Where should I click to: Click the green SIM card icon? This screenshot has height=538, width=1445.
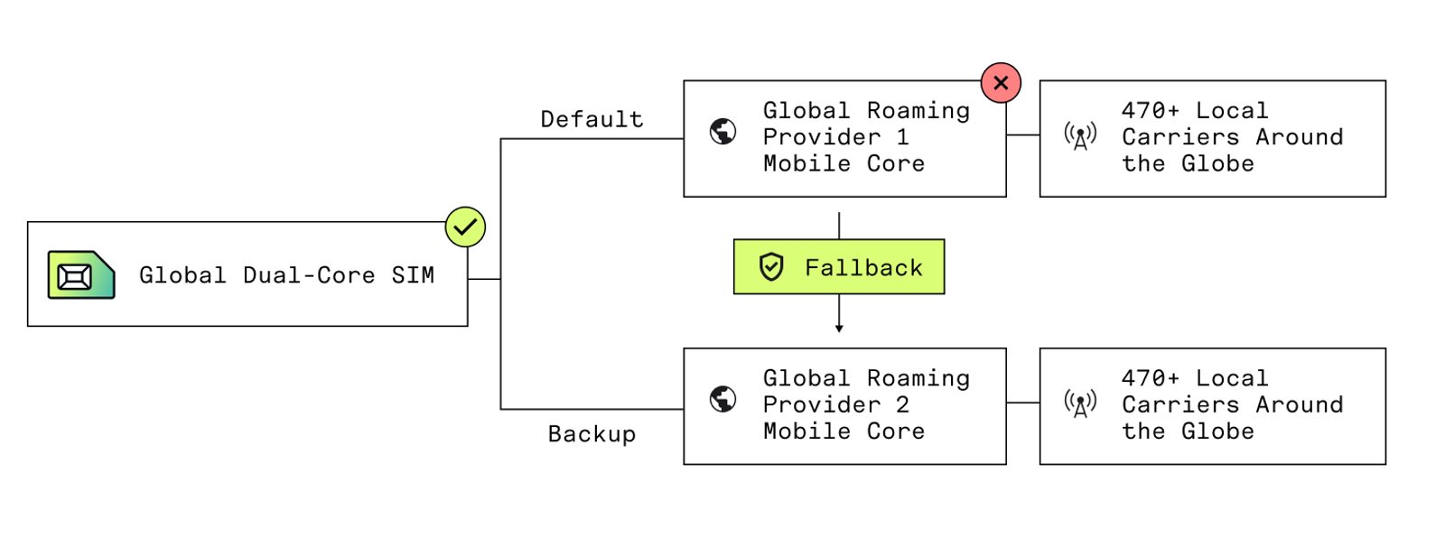(x=81, y=275)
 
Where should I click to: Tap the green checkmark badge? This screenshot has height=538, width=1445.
(x=465, y=227)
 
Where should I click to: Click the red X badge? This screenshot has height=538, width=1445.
(x=1001, y=83)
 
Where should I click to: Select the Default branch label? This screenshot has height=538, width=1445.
(x=592, y=119)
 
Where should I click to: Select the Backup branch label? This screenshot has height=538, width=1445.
(x=592, y=434)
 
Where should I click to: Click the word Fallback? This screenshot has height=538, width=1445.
(x=863, y=268)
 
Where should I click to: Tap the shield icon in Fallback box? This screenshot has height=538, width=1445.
(x=771, y=267)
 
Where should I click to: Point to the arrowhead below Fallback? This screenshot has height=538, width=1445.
(x=839, y=329)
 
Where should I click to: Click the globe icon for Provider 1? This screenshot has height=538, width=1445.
(x=722, y=132)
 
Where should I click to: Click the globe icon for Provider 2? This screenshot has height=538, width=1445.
(x=722, y=399)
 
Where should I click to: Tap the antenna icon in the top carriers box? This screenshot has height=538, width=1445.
(x=1080, y=136)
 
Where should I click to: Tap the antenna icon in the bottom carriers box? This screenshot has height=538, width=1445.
(x=1080, y=403)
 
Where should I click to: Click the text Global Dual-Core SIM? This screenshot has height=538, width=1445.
(x=286, y=275)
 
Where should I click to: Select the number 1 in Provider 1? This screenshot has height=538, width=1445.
(x=902, y=137)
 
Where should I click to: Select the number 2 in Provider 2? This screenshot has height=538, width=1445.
(x=902, y=404)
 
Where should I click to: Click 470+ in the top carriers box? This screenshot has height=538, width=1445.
(x=1150, y=111)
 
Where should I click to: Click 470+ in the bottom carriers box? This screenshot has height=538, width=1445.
(x=1150, y=378)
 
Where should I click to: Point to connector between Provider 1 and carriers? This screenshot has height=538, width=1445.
(x=1022, y=135)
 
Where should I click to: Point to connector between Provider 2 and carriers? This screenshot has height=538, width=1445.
(x=1022, y=403)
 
